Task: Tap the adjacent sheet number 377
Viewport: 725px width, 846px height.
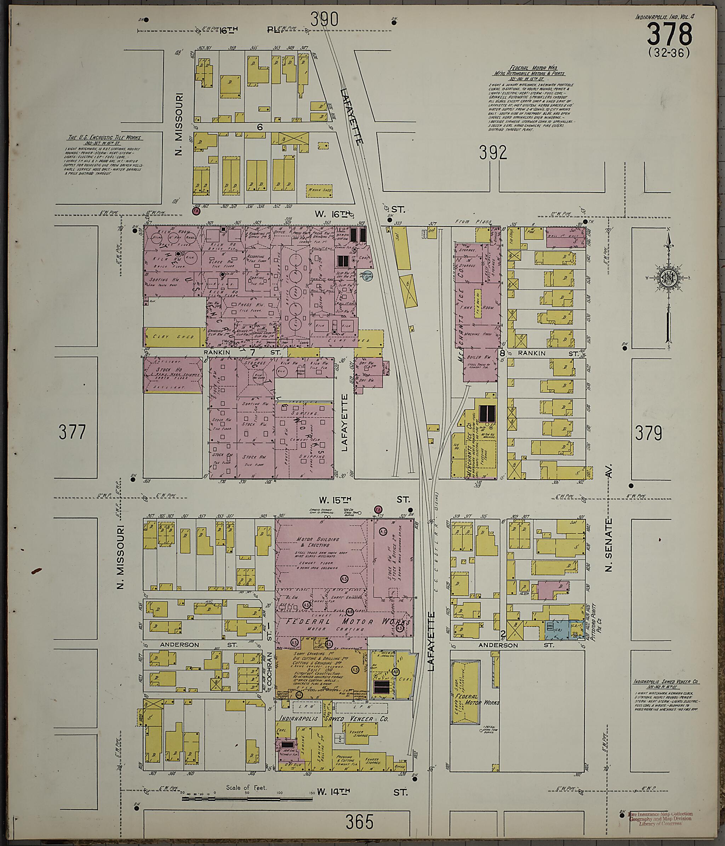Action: tap(72, 431)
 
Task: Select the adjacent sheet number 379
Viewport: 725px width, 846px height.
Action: tap(648, 433)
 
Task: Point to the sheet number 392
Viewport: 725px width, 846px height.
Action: tap(493, 153)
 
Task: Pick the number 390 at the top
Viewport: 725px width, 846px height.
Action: tap(324, 18)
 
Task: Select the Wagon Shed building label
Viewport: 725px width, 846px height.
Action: tap(319, 190)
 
